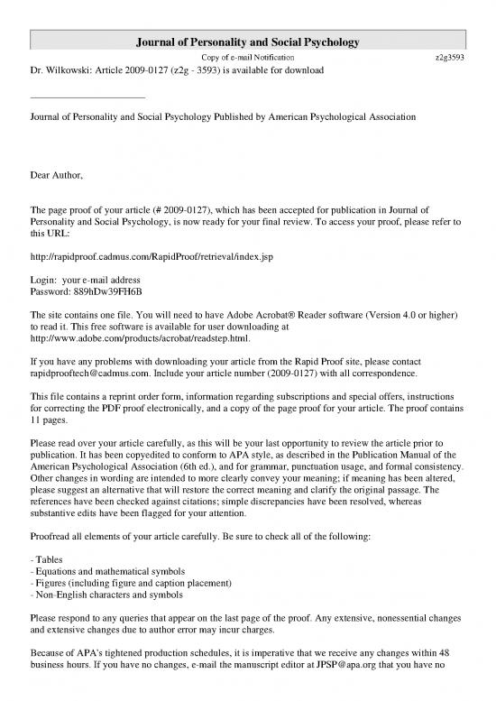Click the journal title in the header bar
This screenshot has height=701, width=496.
(248, 42)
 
